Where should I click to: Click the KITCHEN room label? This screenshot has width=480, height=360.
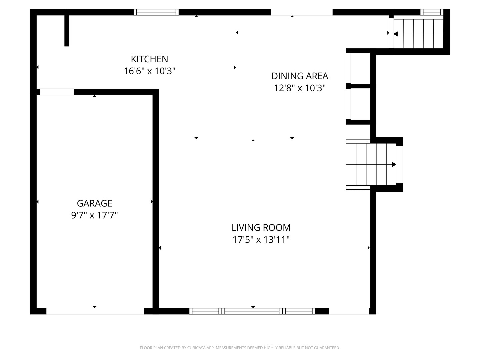click(x=149, y=59)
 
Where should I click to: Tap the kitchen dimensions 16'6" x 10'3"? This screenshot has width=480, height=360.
click(x=149, y=71)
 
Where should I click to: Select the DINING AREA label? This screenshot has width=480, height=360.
click(x=300, y=76)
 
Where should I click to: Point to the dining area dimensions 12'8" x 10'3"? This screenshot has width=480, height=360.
click(x=300, y=88)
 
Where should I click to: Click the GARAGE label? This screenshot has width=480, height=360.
click(x=94, y=203)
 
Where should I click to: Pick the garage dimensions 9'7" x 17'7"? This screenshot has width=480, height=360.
click(x=94, y=215)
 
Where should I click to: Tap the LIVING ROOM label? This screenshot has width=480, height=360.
click(x=261, y=228)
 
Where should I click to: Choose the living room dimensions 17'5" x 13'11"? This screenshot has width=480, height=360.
click(x=261, y=240)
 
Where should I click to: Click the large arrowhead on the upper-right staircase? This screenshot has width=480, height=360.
click(x=395, y=34)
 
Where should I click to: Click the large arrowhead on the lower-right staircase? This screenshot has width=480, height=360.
click(x=394, y=164)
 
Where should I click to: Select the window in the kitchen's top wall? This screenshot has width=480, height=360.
click(x=156, y=12)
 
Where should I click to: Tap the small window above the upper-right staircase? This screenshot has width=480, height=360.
click(x=432, y=12)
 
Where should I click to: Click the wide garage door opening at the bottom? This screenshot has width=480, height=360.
click(x=95, y=311)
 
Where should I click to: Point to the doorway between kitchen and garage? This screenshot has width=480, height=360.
click(x=57, y=92)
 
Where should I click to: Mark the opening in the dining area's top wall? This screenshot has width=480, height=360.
click(x=302, y=12)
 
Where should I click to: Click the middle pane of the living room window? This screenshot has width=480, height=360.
click(x=252, y=311)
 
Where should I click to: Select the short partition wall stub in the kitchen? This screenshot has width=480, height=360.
click(x=67, y=31)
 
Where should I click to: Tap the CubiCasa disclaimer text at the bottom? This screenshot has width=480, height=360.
click(x=240, y=348)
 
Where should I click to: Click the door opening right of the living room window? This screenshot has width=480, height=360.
click(x=349, y=311)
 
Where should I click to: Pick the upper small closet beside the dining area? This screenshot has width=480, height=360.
click(x=360, y=68)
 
